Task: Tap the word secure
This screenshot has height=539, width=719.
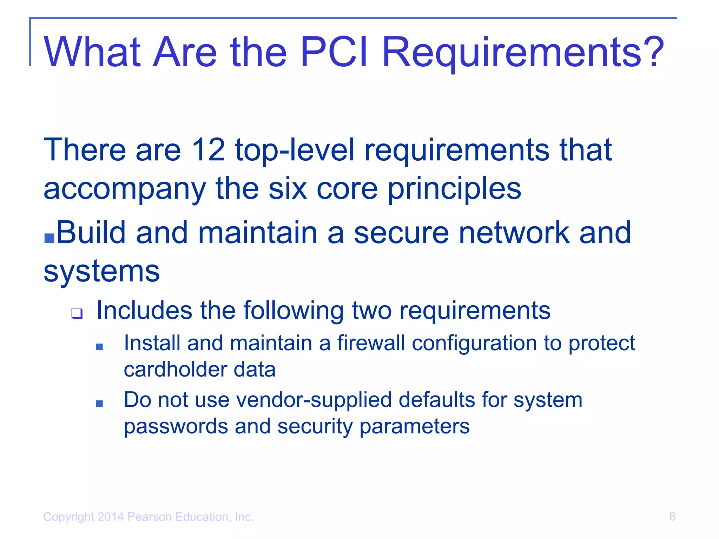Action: [401, 233]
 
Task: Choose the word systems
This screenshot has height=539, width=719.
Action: [101, 272]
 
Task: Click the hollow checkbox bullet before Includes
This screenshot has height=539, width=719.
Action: [77, 313]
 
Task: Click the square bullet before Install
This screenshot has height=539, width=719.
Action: [99, 347]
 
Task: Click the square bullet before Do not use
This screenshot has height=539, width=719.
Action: [99, 404]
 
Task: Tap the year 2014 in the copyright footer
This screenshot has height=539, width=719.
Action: [111, 517]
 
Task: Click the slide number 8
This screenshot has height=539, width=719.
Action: [672, 517]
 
